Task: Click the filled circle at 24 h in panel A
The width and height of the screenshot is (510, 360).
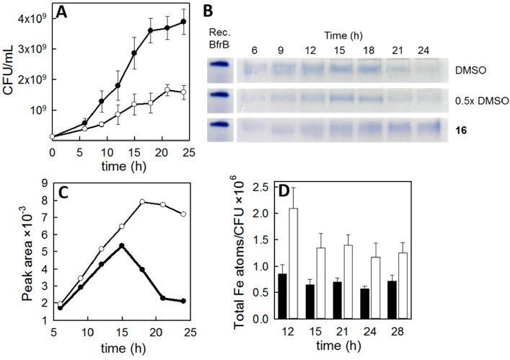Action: tap(183, 22)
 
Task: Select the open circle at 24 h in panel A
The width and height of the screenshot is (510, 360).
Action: tap(183, 92)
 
